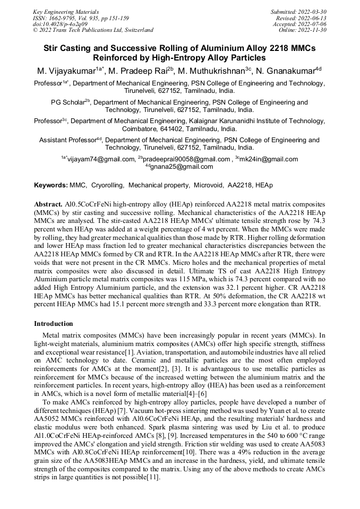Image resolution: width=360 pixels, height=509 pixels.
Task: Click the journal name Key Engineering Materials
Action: click(x=65, y=11)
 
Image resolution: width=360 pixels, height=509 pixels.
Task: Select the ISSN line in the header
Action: click(x=81, y=18)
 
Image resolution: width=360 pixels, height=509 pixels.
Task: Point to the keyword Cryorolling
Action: click(x=108, y=185)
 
